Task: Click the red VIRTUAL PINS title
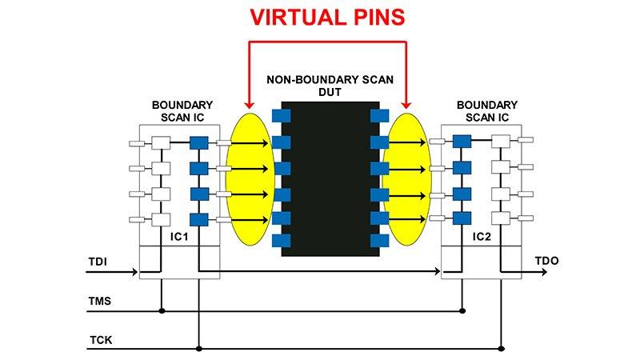click(327, 17)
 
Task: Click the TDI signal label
click(98, 262)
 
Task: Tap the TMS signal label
click(99, 302)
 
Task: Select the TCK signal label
click(101, 340)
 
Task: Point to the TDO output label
click(547, 261)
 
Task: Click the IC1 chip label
click(179, 237)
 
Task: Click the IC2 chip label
click(482, 237)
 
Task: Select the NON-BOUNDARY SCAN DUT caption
click(330, 86)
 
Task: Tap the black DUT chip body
click(330, 178)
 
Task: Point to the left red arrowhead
click(250, 105)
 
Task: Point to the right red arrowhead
click(406, 105)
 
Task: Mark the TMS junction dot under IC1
click(162, 311)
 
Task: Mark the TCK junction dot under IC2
click(502, 349)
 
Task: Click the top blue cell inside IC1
click(198, 143)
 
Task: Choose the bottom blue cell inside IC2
click(462, 218)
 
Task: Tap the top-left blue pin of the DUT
click(282, 116)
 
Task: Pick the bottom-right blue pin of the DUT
click(379, 241)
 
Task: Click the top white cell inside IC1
click(161, 143)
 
